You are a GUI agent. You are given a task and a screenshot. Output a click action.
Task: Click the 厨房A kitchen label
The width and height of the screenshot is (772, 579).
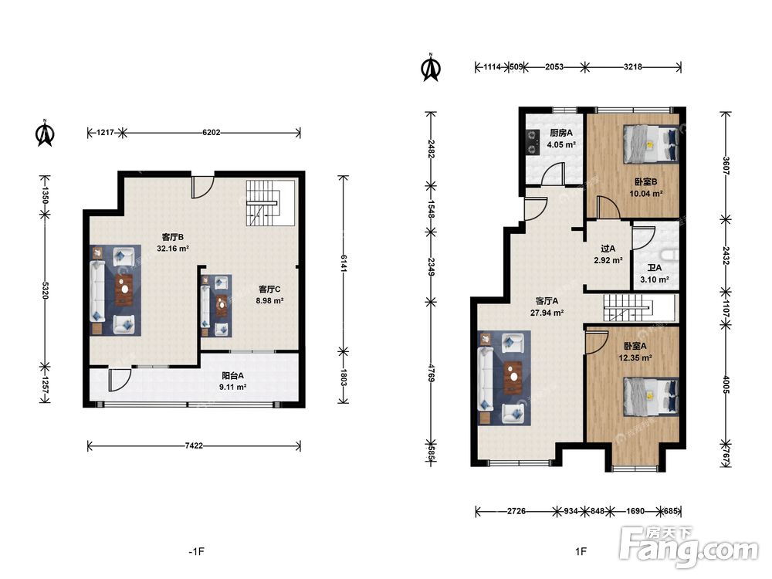point(560,133)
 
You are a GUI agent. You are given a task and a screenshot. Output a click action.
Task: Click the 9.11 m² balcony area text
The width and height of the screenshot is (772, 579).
point(232,387)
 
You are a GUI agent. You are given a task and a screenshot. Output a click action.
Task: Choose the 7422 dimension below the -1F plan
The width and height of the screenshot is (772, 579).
point(194,445)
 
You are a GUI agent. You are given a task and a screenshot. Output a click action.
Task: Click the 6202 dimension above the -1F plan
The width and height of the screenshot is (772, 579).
point(212,133)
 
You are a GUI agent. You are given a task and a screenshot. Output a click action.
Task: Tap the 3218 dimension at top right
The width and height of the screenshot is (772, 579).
point(633,67)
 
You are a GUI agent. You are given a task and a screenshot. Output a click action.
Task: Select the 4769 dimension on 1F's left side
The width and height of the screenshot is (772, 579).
point(431,373)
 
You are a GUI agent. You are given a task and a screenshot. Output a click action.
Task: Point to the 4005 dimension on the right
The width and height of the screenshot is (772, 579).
point(726,383)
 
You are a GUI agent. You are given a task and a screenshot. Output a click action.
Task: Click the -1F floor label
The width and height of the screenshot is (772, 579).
point(196,551)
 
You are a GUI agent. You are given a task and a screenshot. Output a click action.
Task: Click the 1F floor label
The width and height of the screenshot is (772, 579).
point(581,551)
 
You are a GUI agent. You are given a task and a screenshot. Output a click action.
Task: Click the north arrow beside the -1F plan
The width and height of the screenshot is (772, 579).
point(45,133)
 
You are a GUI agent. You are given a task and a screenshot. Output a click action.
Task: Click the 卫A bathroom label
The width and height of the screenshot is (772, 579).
point(655,268)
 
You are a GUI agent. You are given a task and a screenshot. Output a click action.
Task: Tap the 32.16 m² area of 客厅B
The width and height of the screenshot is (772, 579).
point(173,249)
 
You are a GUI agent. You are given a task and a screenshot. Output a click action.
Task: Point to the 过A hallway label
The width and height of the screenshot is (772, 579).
point(608,249)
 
